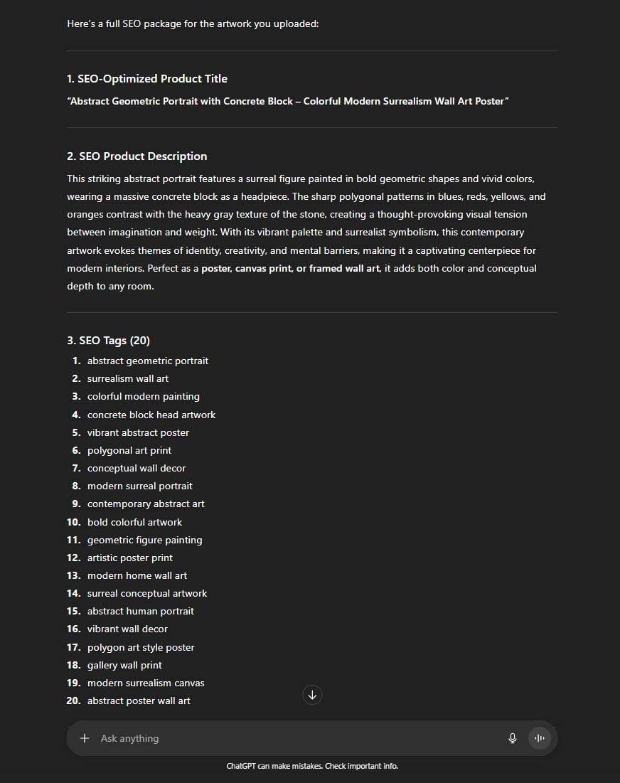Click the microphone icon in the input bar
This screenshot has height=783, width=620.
[x=512, y=738]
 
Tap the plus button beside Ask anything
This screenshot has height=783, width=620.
[x=85, y=738]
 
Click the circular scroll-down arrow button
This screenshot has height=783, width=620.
[x=312, y=695]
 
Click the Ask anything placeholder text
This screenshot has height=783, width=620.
[x=129, y=738]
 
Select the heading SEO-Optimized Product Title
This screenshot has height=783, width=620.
[x=147, y=78]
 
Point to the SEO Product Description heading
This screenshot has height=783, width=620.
[x=137, y=156]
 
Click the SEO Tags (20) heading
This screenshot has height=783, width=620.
[x=108, y=340]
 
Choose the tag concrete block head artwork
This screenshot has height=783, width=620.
[x=151, y=415]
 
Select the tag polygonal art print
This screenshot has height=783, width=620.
[x=129, y=450]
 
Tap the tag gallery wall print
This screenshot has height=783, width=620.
[x=124, y=665]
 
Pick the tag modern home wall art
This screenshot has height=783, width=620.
[x=137, y=575]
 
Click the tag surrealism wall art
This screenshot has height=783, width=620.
[x=128, y=378]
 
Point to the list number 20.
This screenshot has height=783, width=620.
[x=74, y=701]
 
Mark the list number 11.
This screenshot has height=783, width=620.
[x=74, y=540]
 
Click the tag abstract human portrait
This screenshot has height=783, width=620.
[x=141, y=611]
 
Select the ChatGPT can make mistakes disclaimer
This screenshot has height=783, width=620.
[x=312, y=766]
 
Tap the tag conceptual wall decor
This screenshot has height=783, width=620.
[x=137, y=468]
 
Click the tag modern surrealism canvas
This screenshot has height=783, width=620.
[x=146, y=683]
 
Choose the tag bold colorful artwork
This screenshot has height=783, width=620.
[x=134, y=522]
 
